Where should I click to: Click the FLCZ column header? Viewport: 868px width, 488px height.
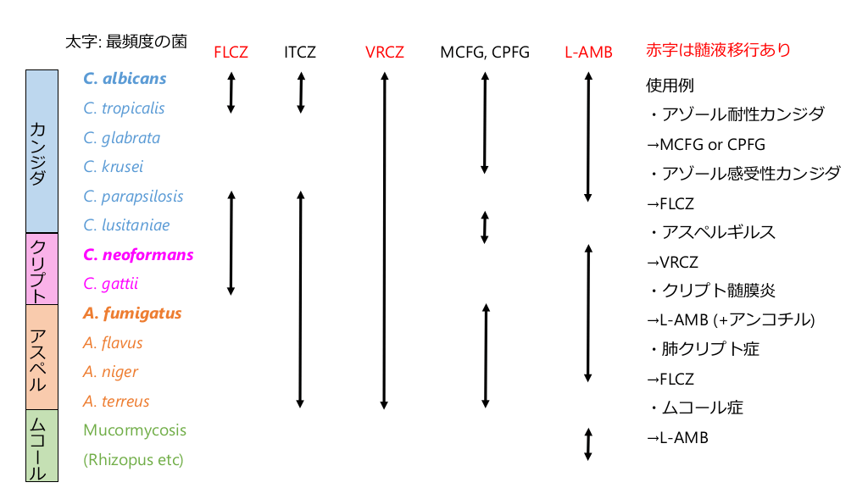pyautogui.click(x=231, y=52)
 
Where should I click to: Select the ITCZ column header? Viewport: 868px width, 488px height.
pyautogui.click(x=300, y=52)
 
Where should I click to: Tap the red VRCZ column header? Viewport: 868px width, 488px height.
pyautogui.click(x=384, y=52)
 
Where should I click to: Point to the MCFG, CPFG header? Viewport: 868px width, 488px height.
pyautogui.click(x=484, y=52)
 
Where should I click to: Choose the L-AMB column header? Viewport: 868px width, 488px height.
pyautogui.click(x=588, y=52)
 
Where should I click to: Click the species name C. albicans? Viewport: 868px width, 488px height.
pyautogui.click(x=125, y=79)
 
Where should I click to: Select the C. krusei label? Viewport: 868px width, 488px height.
pyautogui.click(x=114, y=167)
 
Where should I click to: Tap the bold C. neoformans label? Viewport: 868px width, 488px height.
pyautogui.click(x=138, y=254)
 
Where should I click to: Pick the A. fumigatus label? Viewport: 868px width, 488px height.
pyautogui.click(x=132, y=313)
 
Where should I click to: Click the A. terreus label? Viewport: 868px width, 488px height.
pyautogui.click(x=116, y=401)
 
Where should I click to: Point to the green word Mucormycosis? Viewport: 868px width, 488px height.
pyautogui.click(x=135, y=430)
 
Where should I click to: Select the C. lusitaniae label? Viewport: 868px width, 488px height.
pyautogui.click(x=126, y=225)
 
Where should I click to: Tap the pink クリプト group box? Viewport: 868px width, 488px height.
pyautogui.click(x=42, y=269)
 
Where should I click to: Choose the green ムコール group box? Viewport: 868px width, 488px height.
pyautogui.click(x=42, y=446)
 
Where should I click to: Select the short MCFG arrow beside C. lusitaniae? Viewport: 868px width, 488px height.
pyautogui.click(x=484, y=227)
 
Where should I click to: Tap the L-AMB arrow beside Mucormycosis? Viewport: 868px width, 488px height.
pyautogui.click(x=587, y=444)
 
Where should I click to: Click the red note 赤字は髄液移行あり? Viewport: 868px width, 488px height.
pyautogui.click(x=718, y=50)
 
